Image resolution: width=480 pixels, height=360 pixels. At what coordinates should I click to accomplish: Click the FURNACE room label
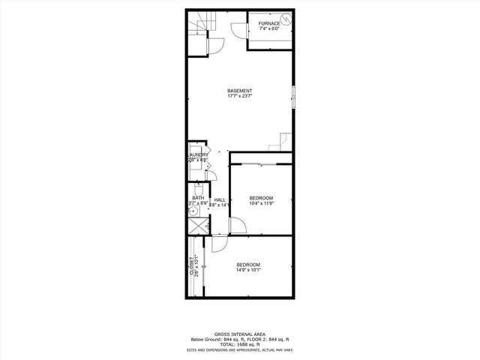tap(269, 23)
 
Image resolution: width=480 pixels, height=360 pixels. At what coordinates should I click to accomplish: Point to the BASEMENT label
tap(240, 91)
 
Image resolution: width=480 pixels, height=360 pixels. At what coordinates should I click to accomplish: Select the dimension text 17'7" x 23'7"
tap(240, 97)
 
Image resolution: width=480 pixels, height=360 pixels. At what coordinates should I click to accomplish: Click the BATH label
tap(196, 198)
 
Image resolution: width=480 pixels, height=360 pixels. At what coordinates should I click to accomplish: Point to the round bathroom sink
tap(193, 212)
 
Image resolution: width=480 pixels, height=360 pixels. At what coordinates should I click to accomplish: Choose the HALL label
tap(220, 199)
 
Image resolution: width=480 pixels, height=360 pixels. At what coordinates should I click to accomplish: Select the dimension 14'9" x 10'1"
tap(248, 271)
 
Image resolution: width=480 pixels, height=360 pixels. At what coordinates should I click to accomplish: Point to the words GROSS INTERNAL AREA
tap(239, 334)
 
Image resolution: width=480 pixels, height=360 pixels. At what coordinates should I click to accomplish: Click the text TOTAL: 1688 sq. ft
tap(239, 344)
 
